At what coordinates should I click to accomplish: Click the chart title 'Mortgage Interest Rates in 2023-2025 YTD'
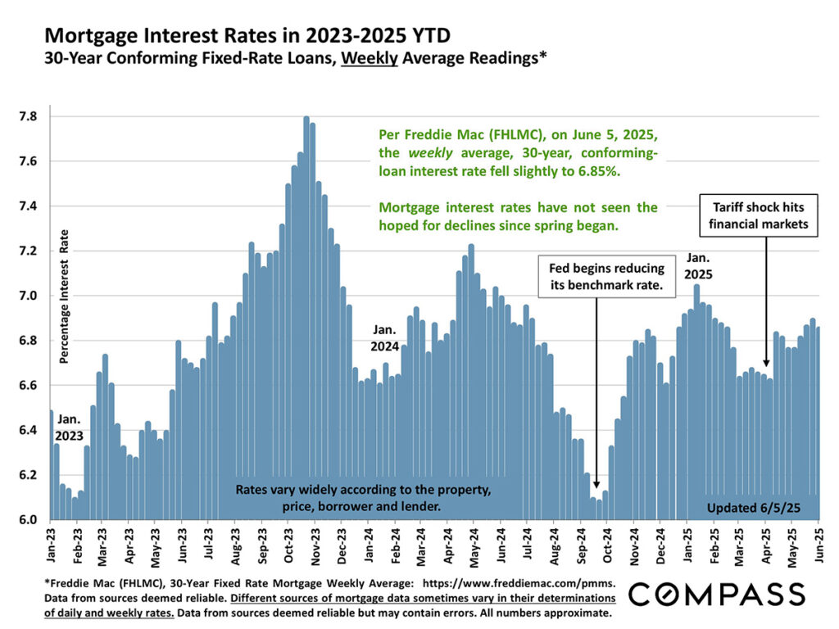pyautogui.click(x=247, y=36)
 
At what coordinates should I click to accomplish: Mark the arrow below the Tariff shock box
pyautogui.click(x=765, y=303)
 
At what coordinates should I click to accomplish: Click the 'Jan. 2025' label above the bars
pyautogui.click(x=697, y=265)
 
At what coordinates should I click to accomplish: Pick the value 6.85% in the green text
pyautogui.click(x=605, y=173)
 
